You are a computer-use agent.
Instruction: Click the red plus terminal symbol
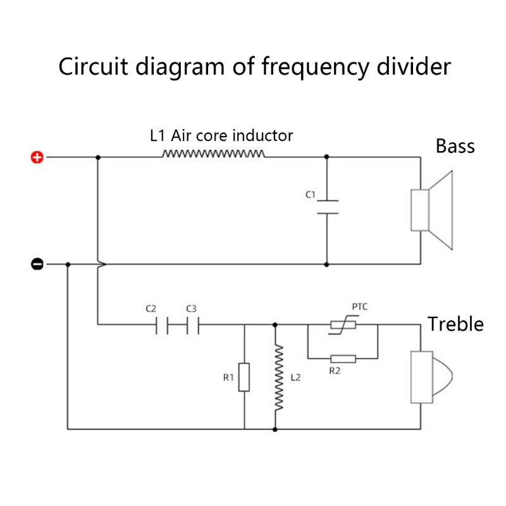coord(37,157)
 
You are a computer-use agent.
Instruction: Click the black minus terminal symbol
coord(37,264)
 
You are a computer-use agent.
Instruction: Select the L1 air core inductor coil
coord(214,154)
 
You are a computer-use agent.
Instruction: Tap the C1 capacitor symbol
coord(327,207)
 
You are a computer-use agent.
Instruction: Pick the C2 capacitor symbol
coord(161,326)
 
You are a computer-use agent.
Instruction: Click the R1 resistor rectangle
coord(244,377)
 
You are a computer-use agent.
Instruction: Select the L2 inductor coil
coord(275,378)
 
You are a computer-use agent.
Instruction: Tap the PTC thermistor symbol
coord(342,325)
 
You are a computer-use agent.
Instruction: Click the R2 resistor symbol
coord(342,359)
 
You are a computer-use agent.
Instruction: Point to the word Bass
coord(455,146)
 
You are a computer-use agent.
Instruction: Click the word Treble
coord(455,324)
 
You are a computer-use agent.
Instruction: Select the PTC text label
coord(360,307)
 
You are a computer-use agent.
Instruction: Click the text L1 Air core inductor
coord(221,135)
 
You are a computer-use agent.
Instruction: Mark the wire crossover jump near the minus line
coord(100,264)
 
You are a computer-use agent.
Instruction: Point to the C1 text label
coord(310,195)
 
